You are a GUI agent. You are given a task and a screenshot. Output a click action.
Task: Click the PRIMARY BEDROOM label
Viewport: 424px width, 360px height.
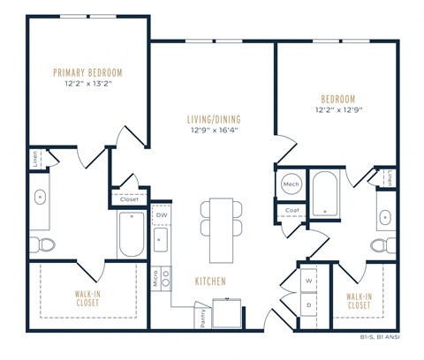point(87,72)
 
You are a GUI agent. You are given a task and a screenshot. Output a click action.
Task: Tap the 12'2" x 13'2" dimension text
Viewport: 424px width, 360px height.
point(87,84)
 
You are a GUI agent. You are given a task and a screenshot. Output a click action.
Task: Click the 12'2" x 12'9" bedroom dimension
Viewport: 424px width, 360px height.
point(338,109)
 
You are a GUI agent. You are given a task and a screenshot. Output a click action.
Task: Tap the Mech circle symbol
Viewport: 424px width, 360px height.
point(291,184)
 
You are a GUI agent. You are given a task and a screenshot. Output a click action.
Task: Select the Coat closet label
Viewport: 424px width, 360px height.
point(291,211)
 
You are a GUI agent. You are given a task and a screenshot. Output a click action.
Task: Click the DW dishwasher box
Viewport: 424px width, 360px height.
point(162,214)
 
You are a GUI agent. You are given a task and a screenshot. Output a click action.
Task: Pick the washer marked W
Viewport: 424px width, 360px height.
point(309,281)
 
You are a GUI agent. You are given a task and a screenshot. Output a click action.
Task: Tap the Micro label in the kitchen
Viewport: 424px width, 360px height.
point(155,281)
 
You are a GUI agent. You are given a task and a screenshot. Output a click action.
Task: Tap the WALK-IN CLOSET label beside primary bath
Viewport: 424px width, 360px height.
point(87,298)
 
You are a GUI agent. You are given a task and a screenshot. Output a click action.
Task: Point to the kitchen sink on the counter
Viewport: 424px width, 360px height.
point(162,239)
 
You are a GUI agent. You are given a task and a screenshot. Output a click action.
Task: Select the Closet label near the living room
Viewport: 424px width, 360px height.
point(129,199)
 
